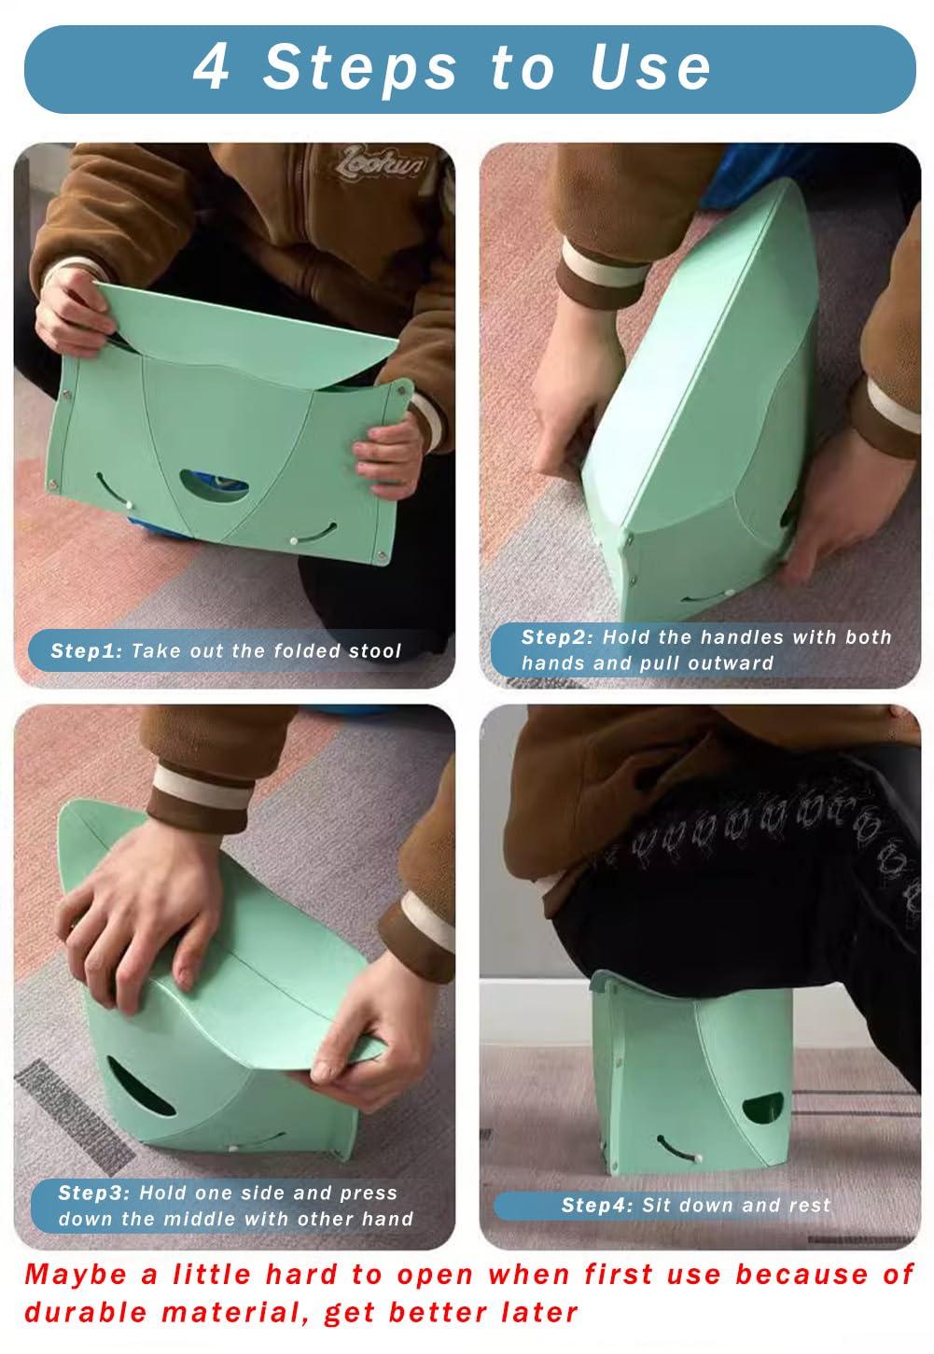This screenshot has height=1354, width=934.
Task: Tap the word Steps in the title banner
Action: point(359,68)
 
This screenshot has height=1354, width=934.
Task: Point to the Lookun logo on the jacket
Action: point(380,163)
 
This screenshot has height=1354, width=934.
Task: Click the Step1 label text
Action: point(87,651)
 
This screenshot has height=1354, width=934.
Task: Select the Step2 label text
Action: point(557,637)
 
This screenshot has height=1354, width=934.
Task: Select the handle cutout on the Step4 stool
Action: point(763,1106)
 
